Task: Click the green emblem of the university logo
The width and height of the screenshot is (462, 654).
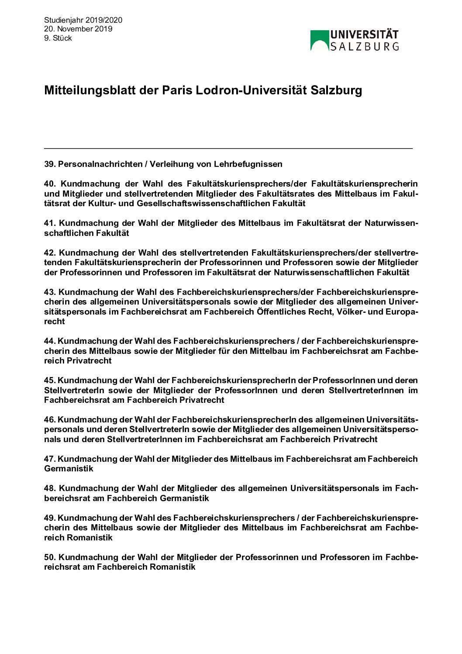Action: pyautogui.click(x=320, y=40)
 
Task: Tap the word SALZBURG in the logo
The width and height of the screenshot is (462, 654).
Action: pyautogui.click(x=364, y=46)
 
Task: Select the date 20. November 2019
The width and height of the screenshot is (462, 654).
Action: pyautogui.click(x=78, y=29)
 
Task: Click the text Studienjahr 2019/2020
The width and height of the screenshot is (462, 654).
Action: pyautogui.click(x=83, y=20)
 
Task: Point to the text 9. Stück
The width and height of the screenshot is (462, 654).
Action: pyautogui.click(x=58, y=38)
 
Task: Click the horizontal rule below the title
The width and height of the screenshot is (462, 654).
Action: pyautogui.click(x=228, y=149)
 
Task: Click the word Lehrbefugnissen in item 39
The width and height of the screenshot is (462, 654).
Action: pyautogui.click(x=248, y=164)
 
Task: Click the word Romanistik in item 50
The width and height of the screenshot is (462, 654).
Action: pyautogui.click(x=172, y=567)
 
